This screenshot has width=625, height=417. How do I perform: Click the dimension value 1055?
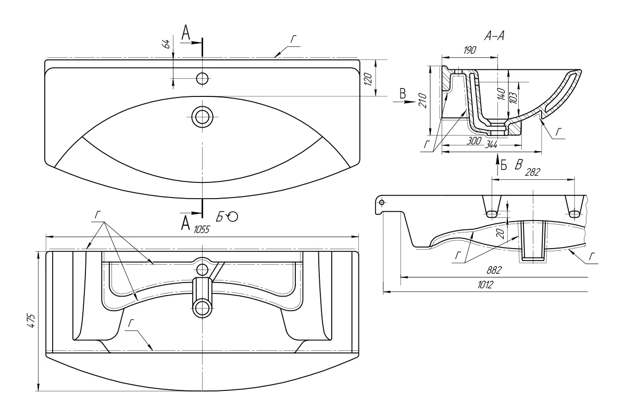[202, 229]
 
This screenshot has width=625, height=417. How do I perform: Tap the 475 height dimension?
[31, 321]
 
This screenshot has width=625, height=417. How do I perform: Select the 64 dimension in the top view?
[167, 44]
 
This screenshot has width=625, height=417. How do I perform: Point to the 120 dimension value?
[368, 79]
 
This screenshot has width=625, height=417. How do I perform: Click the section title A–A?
[494, 36]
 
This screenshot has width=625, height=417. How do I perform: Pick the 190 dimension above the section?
[470, 50]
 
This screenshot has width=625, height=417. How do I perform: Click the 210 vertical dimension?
[423, 101]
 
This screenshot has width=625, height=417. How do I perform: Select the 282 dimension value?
[532, 172]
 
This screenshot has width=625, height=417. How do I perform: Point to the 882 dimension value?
[494, 270]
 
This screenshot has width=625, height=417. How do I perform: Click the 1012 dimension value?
[485, 285]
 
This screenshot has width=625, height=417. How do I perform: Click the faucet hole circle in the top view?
[202, 79]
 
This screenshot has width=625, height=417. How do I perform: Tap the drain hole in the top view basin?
[202, 117]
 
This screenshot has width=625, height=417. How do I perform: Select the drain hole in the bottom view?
[202, 308]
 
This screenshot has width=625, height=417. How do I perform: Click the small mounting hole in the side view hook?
[382, 202]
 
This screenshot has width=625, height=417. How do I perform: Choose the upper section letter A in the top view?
[185, 33]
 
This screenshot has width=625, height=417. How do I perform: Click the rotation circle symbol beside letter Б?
[233, 217]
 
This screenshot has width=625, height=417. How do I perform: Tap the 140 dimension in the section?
[502, 94]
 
